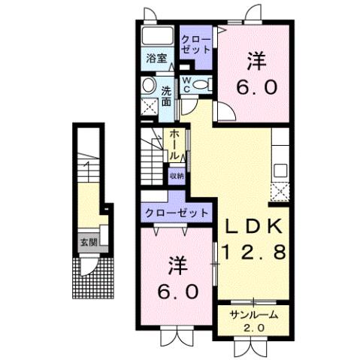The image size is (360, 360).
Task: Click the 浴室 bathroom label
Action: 156,58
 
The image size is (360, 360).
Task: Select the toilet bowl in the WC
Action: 199,86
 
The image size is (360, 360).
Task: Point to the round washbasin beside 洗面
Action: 148,84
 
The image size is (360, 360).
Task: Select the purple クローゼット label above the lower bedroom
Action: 175,213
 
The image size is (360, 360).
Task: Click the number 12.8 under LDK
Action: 253,253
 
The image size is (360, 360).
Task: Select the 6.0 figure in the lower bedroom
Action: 177,290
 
